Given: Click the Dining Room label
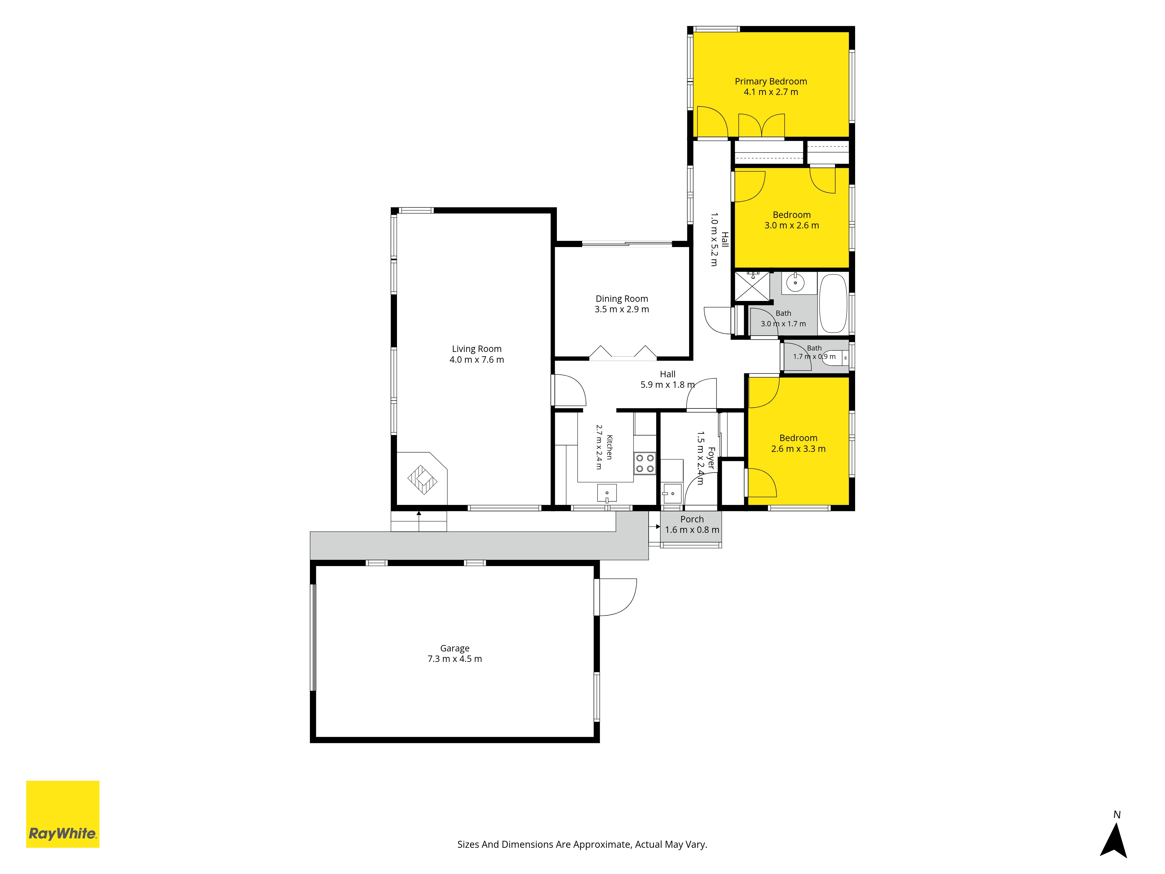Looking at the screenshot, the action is (622, 299).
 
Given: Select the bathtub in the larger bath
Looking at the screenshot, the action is (833, 304).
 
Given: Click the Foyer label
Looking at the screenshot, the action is (711, 458).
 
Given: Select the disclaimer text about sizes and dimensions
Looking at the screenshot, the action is (582, 845).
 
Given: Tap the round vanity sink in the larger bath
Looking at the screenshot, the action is (795, 283).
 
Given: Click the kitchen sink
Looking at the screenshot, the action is (607, 494).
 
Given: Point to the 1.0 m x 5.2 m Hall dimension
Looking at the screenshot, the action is (714, 240).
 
